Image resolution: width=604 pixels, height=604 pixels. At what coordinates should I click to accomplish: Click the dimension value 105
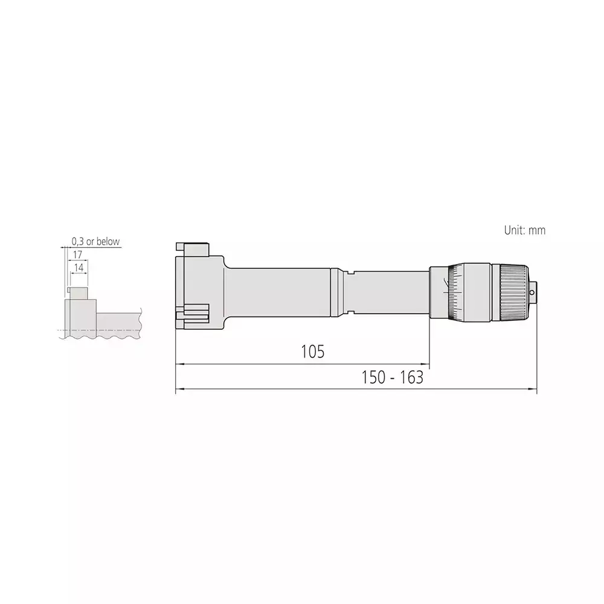coord(313,352)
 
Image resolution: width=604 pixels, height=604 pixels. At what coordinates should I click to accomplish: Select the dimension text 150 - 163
coord(392,378)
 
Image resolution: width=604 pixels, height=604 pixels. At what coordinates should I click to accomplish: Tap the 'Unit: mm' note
coord(524,230)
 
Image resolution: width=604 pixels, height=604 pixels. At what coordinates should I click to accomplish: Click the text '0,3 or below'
coord(95,242)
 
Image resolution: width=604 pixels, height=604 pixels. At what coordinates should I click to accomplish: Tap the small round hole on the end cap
coord(532,294)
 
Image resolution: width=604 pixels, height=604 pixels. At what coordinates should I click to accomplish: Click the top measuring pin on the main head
coord(179,248)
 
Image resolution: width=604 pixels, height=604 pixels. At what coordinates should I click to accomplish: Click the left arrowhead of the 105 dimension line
coord(178,365)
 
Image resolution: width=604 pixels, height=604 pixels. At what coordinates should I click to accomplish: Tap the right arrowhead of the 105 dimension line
coord(426,365)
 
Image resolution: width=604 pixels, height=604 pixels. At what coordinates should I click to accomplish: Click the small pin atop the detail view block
coord(72,291)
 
